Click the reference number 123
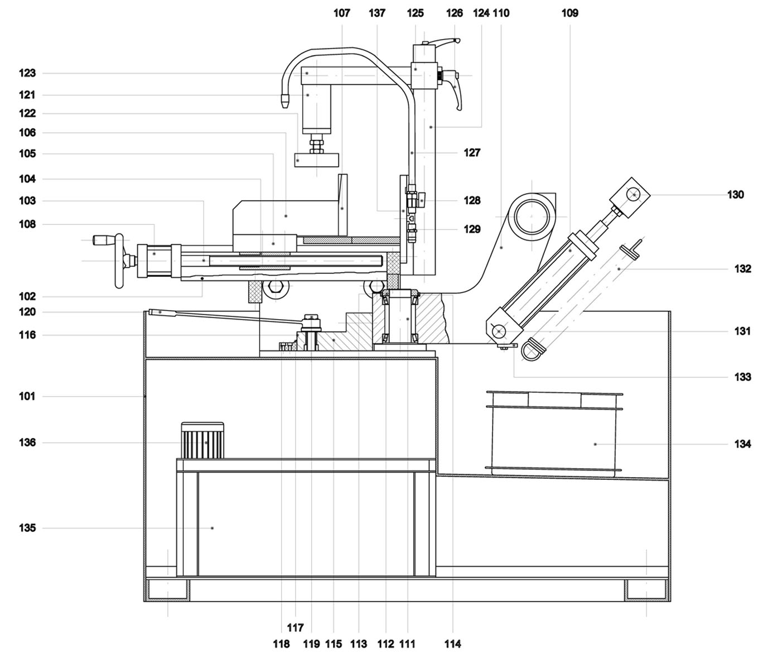coord(27,73)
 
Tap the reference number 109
coord(570,13)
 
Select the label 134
coord(742,444)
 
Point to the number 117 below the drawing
coord(295,628)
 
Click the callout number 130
coord(735,195)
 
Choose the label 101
coord(27,396)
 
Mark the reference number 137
coord(377,13)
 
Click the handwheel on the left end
coord(119,261)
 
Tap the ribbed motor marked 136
coord(202,440)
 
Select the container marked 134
coord(554,434)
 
